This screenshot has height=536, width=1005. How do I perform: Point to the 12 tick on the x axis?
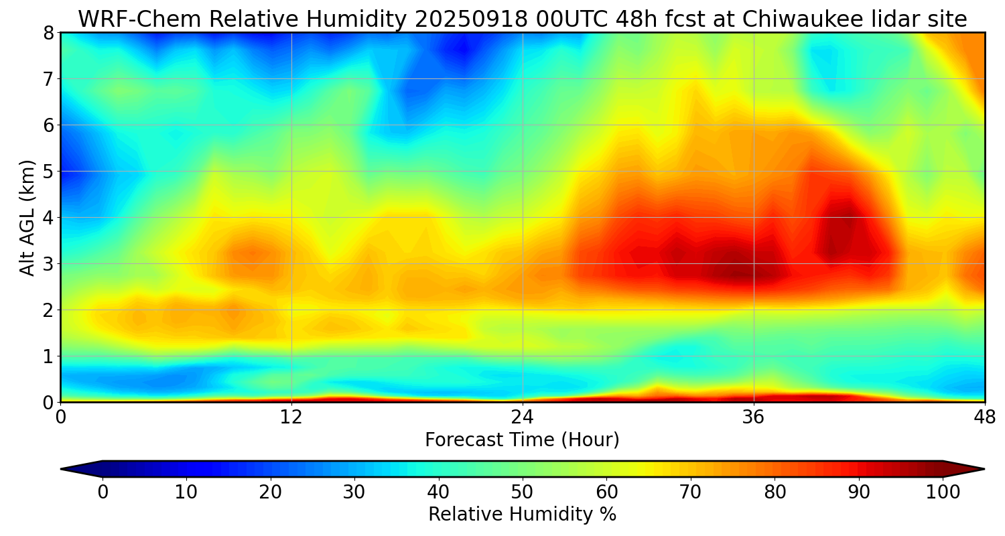pyautogui.click(x=291, y=417)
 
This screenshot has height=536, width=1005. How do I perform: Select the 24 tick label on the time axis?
pyautogui.click(x=523, y=417)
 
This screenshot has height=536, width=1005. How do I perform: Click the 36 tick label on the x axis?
pyautogui.click(x=754, y=417)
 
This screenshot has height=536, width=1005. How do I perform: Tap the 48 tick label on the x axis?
pyautogui.click(x=984, y=417)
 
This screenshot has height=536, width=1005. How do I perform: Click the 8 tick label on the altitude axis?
pyautogui.click(x=48, y=33)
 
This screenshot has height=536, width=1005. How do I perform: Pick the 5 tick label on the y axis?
pyautogui.click(x=48, y=172)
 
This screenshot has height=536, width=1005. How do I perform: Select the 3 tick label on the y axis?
pyautogui.click(x=48, y=264)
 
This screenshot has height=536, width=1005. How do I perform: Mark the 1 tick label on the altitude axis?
pyautogui.click(x=48, y=356)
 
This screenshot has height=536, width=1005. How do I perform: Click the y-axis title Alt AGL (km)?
pyautogui.click(x=27, y=217)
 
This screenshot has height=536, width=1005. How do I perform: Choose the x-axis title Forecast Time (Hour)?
pyautogui.click(x=522, y=440)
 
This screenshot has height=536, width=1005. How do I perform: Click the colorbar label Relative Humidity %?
pyautogui.click(x=522, y=515)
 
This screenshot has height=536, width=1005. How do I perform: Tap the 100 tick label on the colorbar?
pyautogui.click(x=942, y=492)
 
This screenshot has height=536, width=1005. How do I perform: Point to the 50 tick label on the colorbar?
pyautogui.click(x=522, y=492)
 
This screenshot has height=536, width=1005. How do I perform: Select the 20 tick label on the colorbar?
pyautogui.click(x=270, y=492)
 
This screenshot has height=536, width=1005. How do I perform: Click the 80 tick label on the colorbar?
pyautogui.click(x=775, y=492)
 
